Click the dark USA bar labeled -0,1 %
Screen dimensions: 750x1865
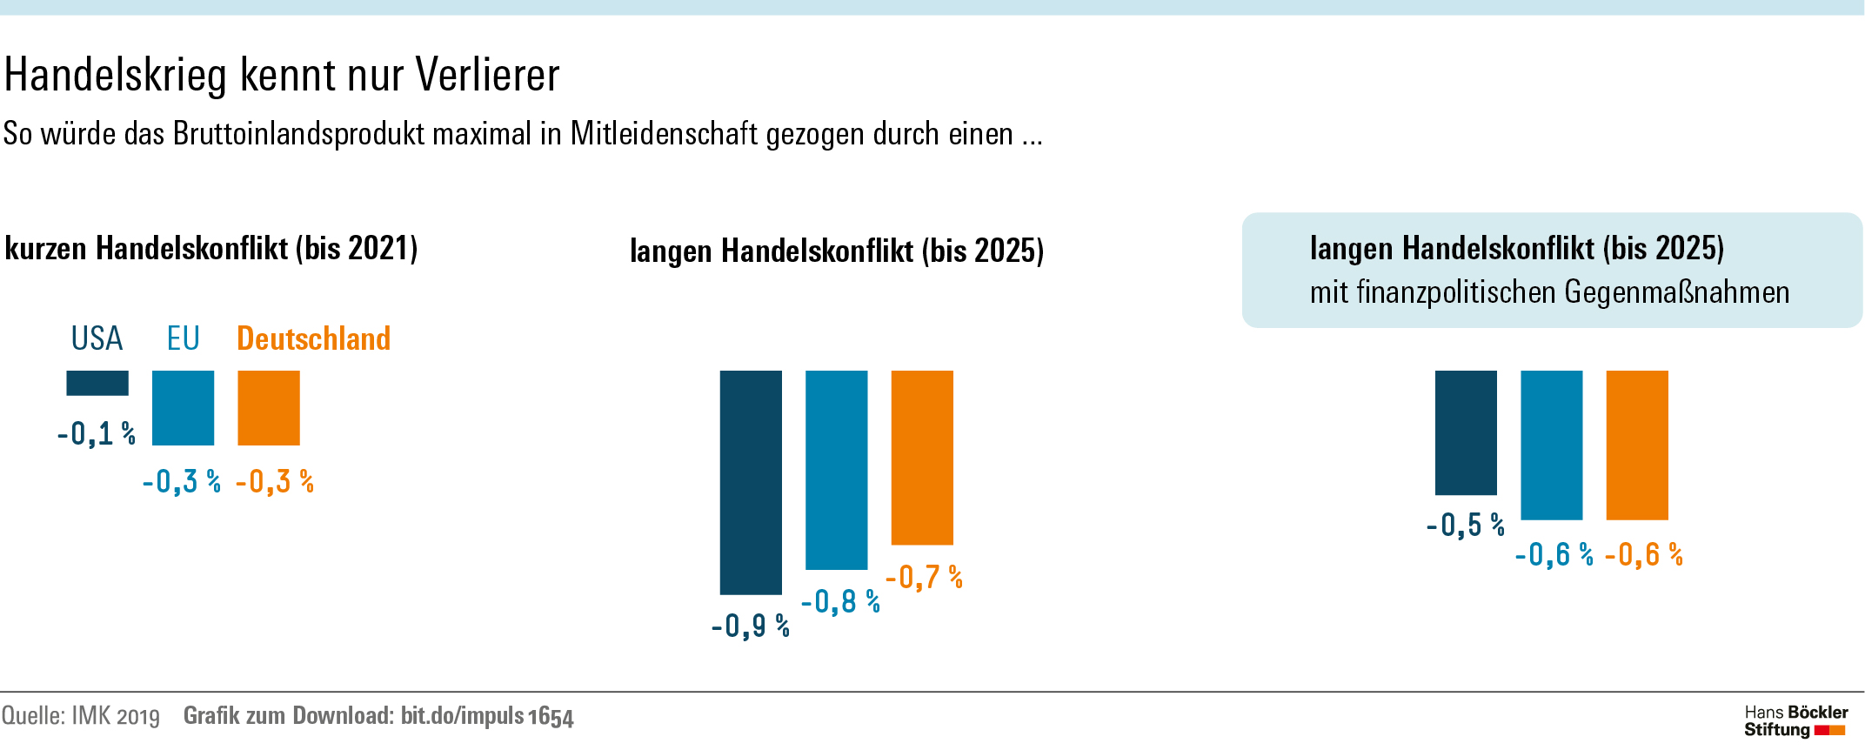pyautogui.click(x=97, y=383)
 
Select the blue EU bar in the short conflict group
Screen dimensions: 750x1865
pyautogui.click(x=183, y=408)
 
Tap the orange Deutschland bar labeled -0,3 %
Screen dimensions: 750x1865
pyautogui.click(x=269, y=408)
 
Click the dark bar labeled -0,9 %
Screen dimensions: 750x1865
pyautogui.click(x=751, y=482)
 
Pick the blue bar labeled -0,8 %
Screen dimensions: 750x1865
pyautogui.click(x=836, y=470)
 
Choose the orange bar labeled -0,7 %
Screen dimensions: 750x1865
pyautogui.click(x=922, y=458)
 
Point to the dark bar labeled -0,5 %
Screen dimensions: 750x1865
pyautogui.click(x=1466, y=432)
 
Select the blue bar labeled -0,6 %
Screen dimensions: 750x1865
pyautogui.click(x=1551, y=445)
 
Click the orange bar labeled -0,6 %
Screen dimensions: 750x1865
pyautogui.click(x=1637, y=445)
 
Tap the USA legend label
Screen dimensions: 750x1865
pyautogui.click(x=97, y=338)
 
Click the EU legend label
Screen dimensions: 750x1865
pyautogui.click(x=184, y=338)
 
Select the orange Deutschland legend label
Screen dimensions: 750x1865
pyautogui.click(x=313, y=338)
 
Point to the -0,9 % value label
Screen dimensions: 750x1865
pyautogui.click(x=750, y=626)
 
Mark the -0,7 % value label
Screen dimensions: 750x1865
pyautogui.click(x=924, y=577)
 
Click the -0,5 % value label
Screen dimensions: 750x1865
pyautogui.click(x=1465, y=525)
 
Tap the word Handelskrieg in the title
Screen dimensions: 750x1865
pyautogui.click(x=116, y=75)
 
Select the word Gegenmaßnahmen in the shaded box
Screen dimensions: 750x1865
pyautogui.click(x=1676, y=292)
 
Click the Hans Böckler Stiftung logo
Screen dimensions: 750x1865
pyautogui.click(x=1795, y=721)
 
